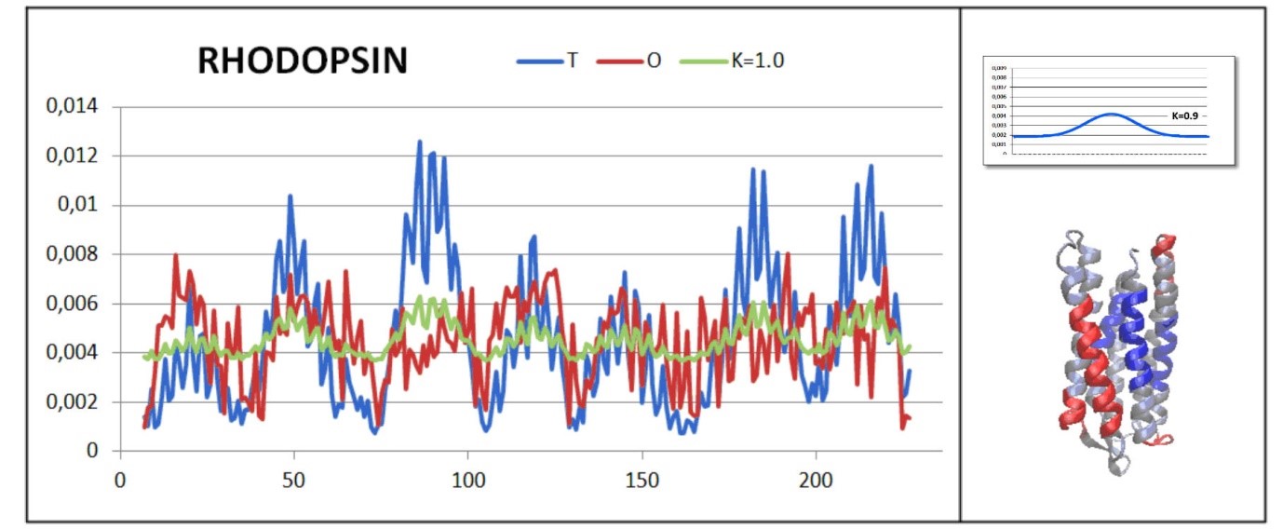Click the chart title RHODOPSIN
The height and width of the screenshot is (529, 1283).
(302, 61)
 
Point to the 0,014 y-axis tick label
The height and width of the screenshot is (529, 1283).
(72, 107)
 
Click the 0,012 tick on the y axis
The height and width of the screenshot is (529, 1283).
(72, 156)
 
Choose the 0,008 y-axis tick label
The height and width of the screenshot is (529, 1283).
(72, 254)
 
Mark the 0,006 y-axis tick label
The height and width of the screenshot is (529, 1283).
(72, 304)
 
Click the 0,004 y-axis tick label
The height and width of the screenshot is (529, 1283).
(72, 353)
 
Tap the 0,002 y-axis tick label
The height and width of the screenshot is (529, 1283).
(72, 402)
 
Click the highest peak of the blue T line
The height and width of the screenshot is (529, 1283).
(419, 142)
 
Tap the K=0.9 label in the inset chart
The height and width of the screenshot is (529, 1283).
(1184, 116)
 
